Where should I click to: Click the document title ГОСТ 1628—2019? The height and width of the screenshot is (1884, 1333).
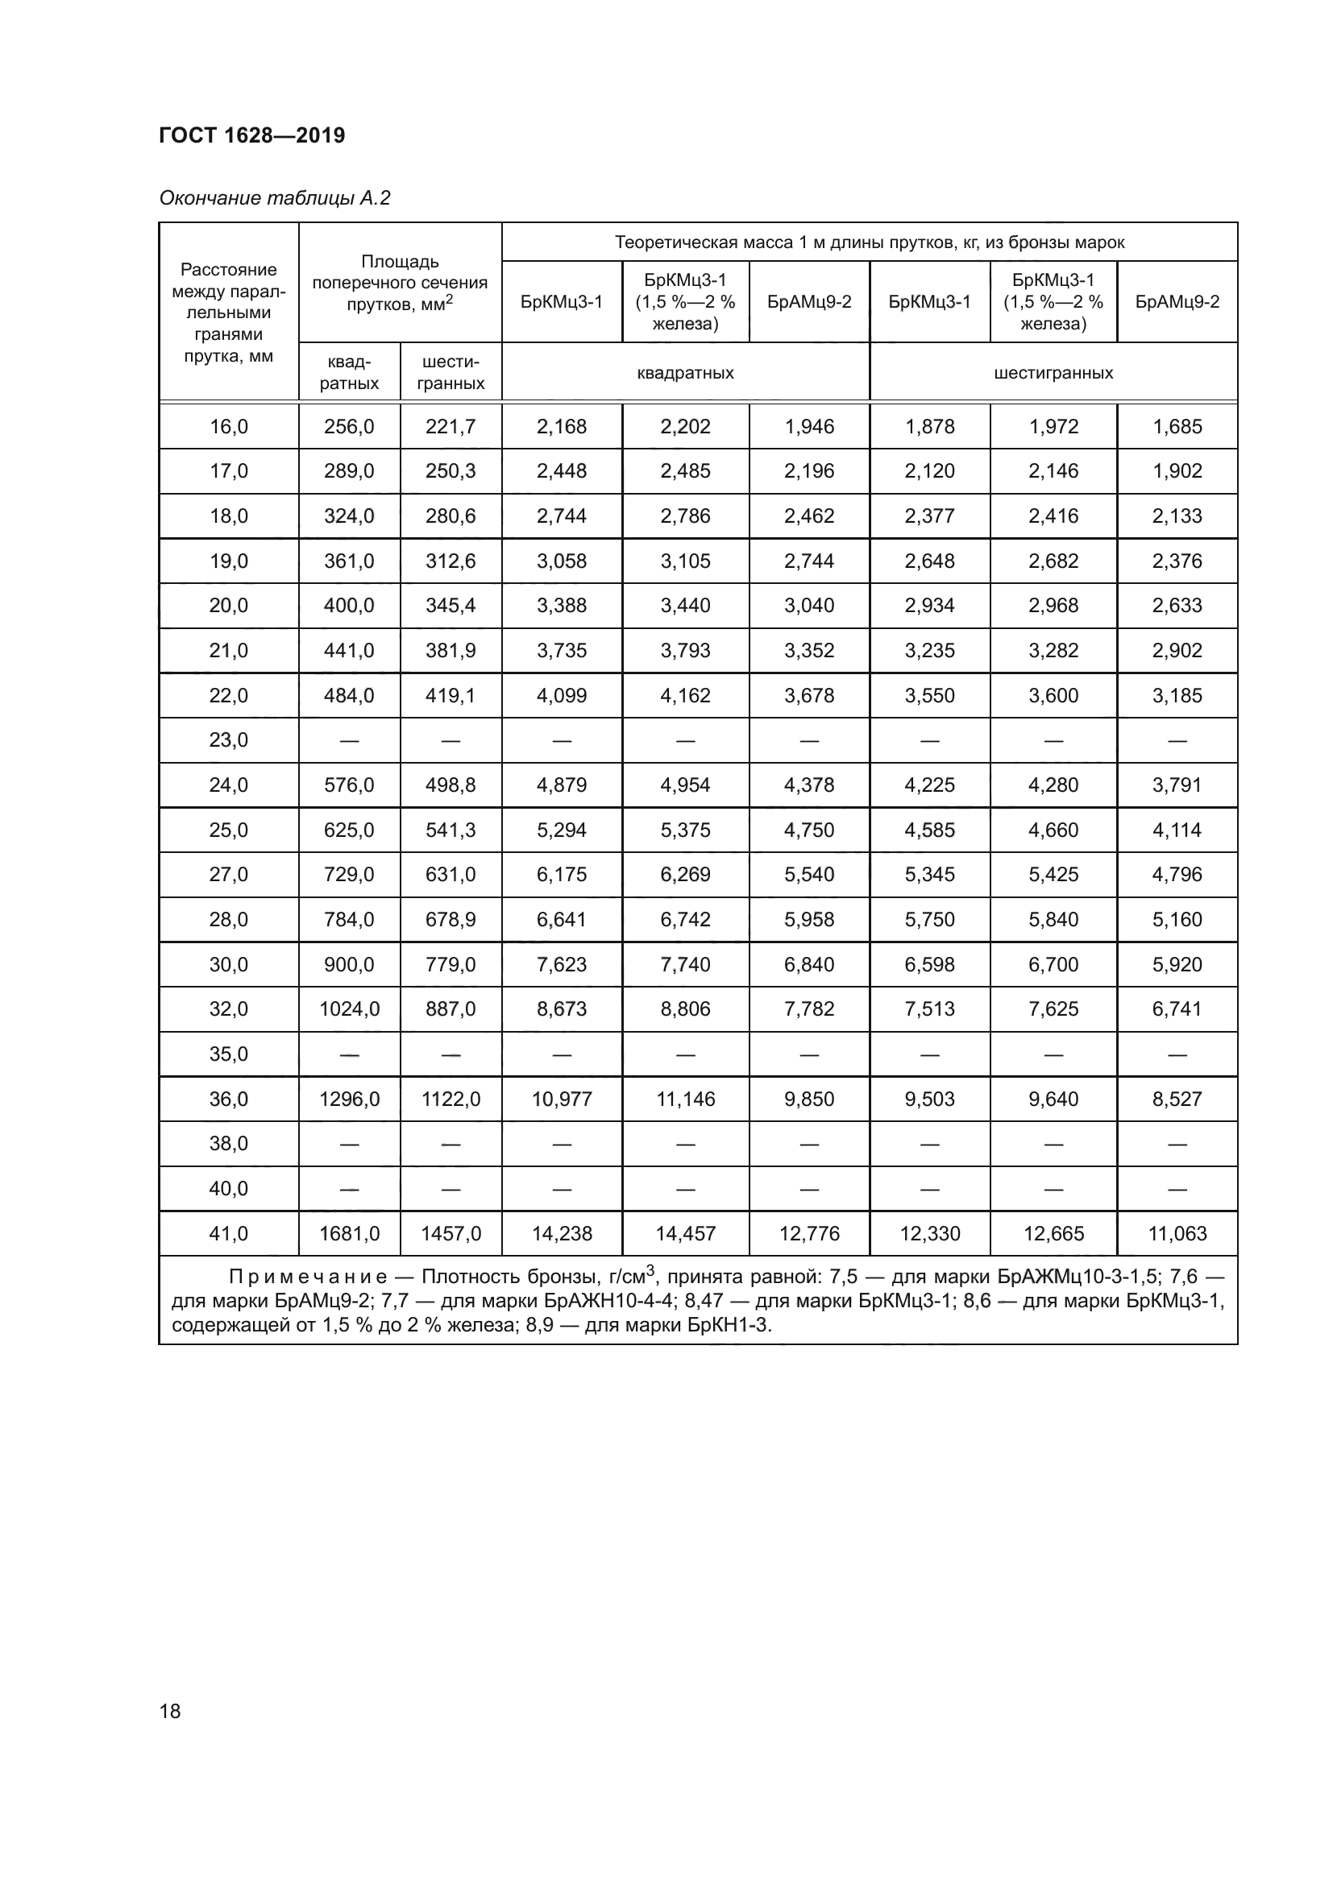point(252,135)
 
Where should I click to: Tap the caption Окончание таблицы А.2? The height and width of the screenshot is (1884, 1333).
point(275,198)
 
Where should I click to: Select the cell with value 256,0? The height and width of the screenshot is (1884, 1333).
point(349,427)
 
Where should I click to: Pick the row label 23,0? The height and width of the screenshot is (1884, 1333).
point(228,740)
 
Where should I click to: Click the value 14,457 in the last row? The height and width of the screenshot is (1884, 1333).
point(685,1233)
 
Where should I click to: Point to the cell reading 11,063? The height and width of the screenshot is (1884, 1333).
point(1177,1233)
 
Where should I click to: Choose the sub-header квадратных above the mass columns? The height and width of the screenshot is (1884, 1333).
point(685,373)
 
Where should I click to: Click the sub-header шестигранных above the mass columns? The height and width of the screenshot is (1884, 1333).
point(1053,373)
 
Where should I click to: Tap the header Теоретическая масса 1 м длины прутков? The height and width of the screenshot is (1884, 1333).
point(870,242)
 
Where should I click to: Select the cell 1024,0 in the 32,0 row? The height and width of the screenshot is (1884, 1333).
point(349,1009)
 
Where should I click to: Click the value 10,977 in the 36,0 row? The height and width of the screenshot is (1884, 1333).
point(562,1099)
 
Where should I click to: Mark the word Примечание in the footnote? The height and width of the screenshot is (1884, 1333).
point(307,1277)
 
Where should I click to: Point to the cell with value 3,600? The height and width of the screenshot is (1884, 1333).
point(1053,696)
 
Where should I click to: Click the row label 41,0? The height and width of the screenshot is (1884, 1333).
point(228,1233)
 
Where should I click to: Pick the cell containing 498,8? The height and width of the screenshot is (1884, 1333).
point(451,785)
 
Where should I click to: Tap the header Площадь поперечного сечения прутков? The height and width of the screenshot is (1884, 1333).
point(400,282)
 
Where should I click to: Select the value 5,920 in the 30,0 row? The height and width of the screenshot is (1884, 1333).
point(1177,964)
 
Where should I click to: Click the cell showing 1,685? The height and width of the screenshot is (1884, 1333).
point(1177,427)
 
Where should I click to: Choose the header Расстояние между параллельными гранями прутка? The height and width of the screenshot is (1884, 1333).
point(228,313)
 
